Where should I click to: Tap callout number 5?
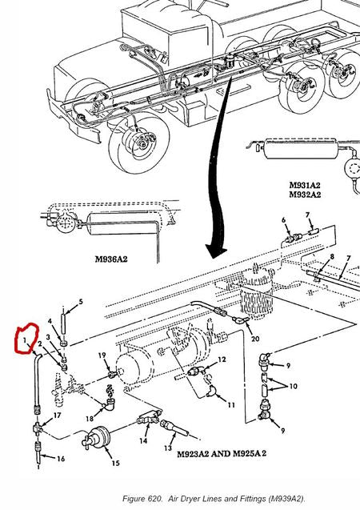(x=80, y=302)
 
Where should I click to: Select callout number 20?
(x=255, y=339)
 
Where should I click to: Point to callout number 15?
(x=115, y=463)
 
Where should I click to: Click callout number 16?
(x=61, y=459)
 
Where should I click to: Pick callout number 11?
(x=230, y=406)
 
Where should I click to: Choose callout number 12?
(x=222, y=359)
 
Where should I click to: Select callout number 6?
(x=283, y=219)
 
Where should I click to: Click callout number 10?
(x=293, y=387)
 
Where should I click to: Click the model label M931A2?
(x=305, y=184)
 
